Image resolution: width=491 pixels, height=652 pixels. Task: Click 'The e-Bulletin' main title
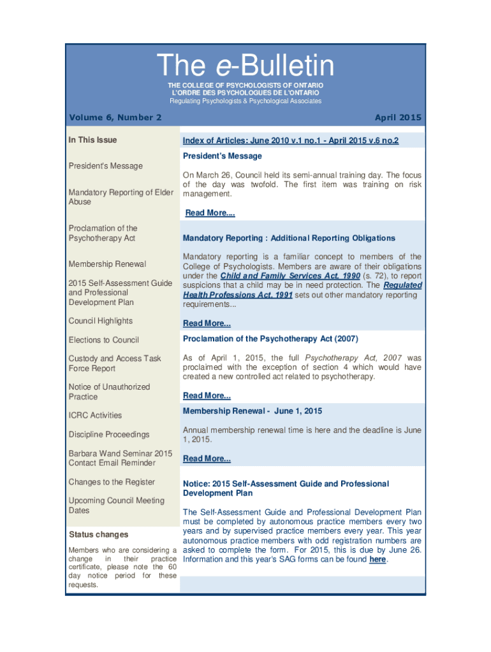point(246,66)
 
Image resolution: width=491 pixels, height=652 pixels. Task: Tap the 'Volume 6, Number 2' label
point(115,117)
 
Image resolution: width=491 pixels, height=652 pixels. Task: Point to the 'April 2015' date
point(398,117)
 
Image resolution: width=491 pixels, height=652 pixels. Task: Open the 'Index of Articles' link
point(290,140)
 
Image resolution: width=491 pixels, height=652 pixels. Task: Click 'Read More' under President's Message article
point(210,213)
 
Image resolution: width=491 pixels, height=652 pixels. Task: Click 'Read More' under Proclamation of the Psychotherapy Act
point(207,395)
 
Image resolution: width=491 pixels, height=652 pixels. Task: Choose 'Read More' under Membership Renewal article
point(207,458)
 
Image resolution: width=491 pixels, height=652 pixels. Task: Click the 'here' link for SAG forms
point(377,560)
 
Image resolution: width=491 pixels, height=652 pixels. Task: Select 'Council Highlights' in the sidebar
point(101,321)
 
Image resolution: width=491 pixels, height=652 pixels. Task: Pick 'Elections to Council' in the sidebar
point(103,340)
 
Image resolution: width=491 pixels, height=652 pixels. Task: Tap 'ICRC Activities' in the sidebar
point(95,415)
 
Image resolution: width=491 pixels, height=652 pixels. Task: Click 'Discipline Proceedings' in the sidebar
point(109,434)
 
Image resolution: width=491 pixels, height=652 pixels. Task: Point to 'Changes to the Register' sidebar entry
point(112,482)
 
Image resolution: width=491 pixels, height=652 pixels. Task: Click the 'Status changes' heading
point(98,534)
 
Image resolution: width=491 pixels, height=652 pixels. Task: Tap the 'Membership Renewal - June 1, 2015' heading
point(253,411)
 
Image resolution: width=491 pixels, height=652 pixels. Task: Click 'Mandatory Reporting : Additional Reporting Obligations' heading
point(289,238)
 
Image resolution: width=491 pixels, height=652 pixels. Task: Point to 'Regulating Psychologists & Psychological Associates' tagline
point(246,101)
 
